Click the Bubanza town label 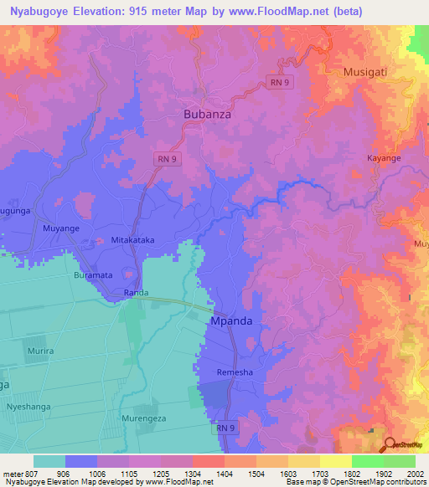[x=207, y=112]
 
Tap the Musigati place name [x=367, y=73]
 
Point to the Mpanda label [x=230, y=320]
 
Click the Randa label [x=136, y=293]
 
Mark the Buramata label [x=92, y=274]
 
